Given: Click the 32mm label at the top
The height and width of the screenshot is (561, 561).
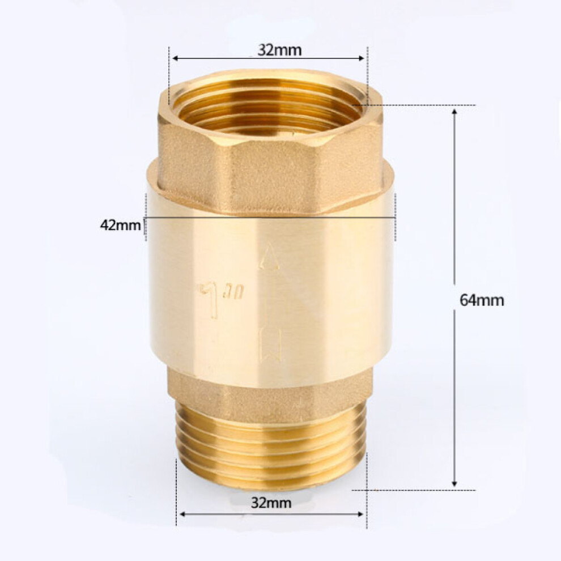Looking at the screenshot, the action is point(279,50).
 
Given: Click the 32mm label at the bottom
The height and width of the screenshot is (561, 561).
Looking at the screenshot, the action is point(271,503).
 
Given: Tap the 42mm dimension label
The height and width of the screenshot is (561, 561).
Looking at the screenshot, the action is point(121,226).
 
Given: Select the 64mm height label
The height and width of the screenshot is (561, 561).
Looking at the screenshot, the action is point(482,300).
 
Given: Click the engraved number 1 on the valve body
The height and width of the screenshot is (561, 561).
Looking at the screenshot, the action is point(210,299).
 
